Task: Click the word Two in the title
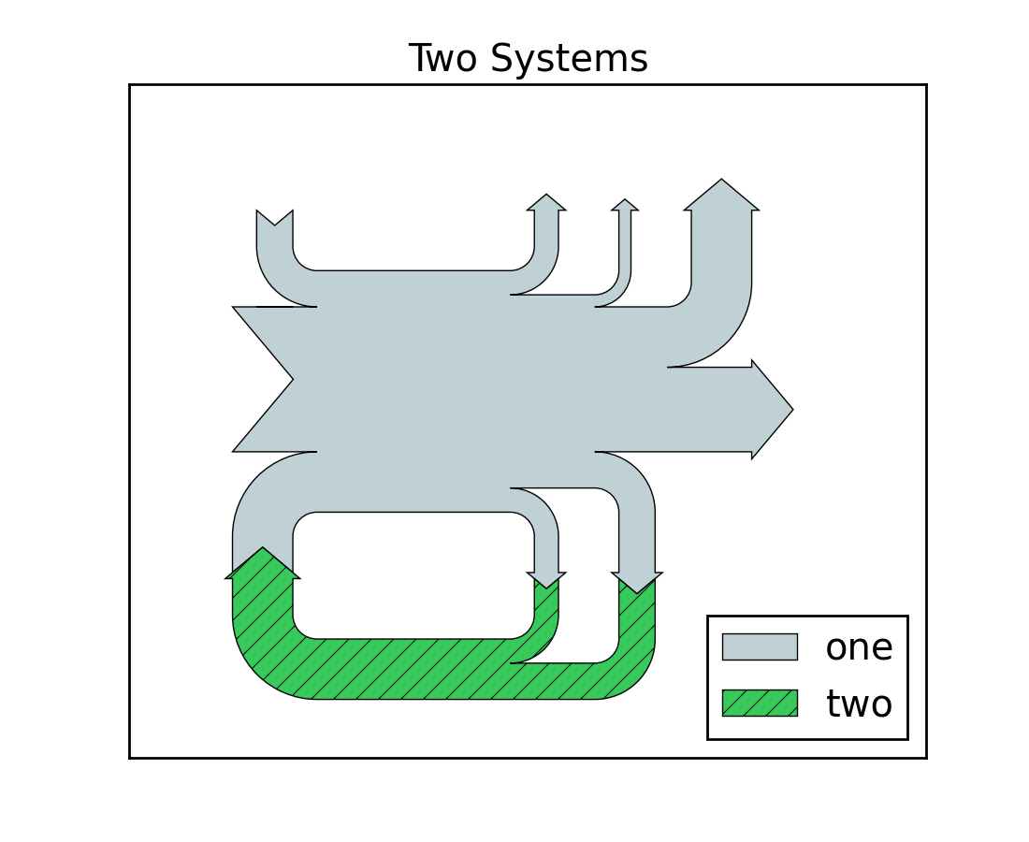[x=444, y=59]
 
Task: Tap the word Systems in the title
[x=569, y=59]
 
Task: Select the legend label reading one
[x=859, y=646]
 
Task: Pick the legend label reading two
[x=859, y=704]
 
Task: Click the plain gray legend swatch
[x=760, y=646]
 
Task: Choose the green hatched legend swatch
[x=760, y=703]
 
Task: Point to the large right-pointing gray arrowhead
[x=771, y=409]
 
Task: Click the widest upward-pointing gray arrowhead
[x=721, y=196]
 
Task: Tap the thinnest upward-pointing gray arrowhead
[x=625, y=205]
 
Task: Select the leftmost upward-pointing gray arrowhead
[x=546, y=202]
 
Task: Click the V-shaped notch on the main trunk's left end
[x=271, y=379]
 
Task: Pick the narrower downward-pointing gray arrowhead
[x=546, y=579]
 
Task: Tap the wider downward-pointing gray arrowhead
[x=637, y=582]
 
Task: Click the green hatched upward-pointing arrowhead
[x=263, y=564]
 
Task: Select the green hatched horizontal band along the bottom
[x=421, y=669]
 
